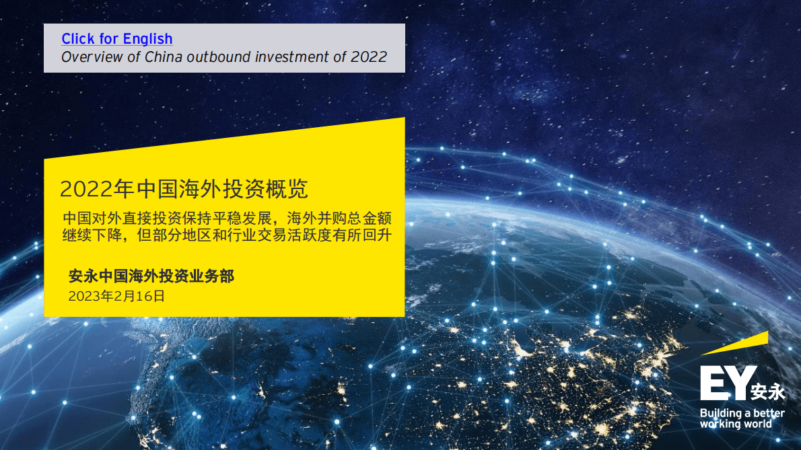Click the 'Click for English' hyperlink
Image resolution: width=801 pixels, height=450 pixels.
click(x=117, y=39)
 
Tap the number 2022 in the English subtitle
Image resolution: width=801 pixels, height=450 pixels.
click(x=369, y=57)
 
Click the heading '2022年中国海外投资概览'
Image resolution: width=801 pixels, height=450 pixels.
click(x=184, y=189)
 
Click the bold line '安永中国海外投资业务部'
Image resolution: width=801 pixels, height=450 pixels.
click(x=151, y=276)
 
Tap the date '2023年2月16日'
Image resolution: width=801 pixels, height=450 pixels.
click(x=116, y=296)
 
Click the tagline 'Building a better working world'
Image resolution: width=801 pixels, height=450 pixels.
click(x=742, y=418)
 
